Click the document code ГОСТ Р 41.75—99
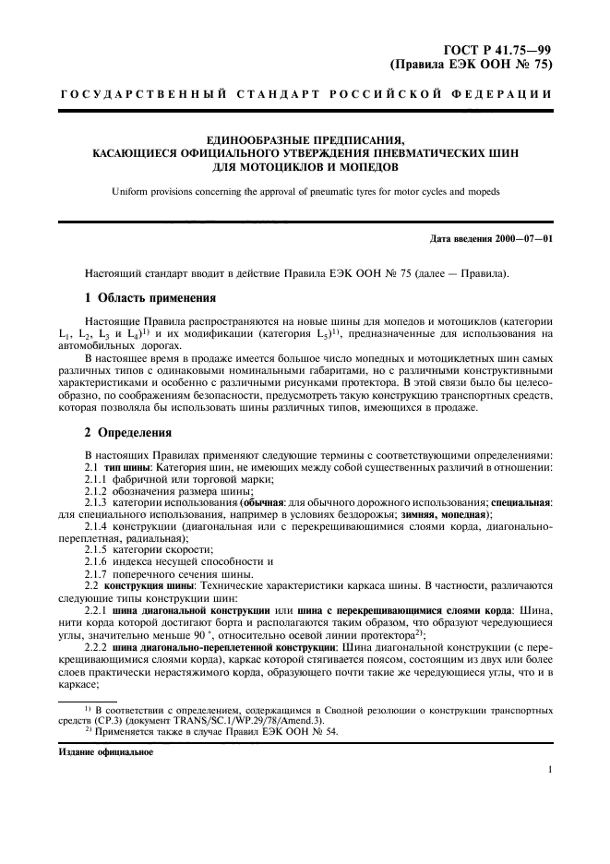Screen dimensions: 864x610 click(496, 51)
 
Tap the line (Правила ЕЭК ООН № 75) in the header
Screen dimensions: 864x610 click(472, 66)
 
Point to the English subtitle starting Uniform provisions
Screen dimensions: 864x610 click(305, 191)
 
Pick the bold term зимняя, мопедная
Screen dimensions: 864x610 click(448, 513)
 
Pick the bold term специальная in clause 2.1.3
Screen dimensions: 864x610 click(520, 501)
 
